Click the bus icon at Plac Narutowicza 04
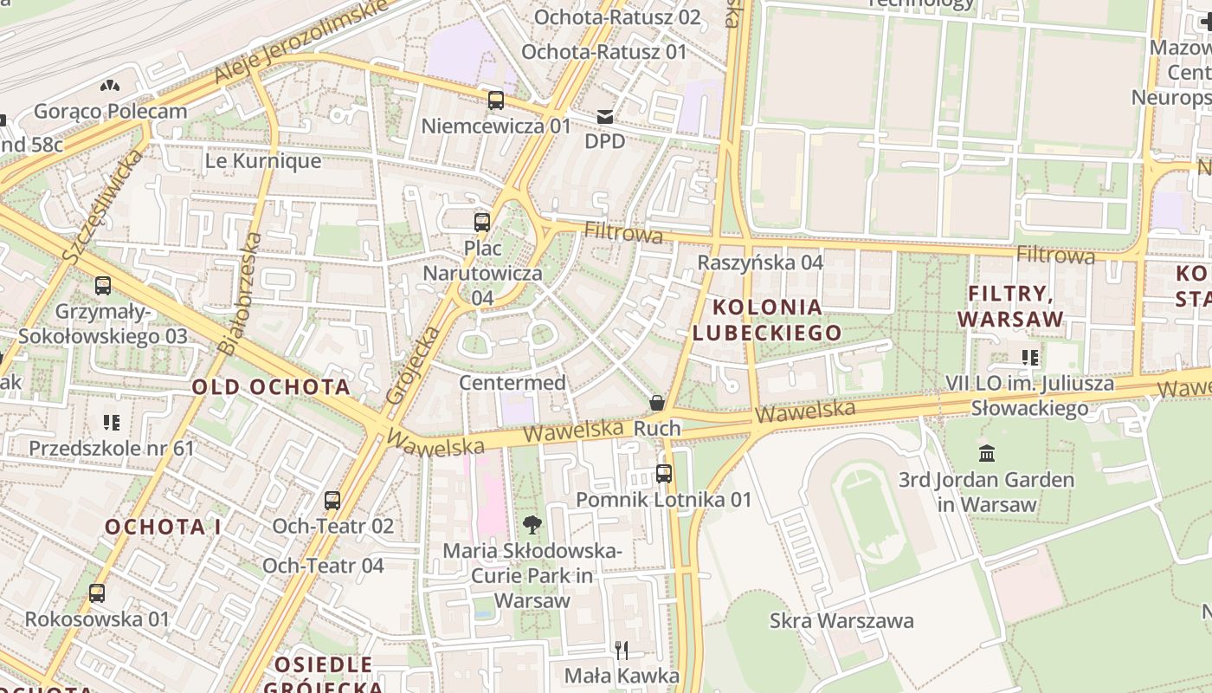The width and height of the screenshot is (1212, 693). tap(482, 223)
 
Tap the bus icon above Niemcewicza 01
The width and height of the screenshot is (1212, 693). tap(495, 100)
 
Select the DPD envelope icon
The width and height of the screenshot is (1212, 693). tap(604, 116)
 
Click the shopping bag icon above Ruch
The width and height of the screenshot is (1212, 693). tap(657, 403)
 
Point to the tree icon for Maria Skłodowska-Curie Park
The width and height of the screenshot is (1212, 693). tap(532, 523)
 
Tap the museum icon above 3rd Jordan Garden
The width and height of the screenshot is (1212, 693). tap(986, 453)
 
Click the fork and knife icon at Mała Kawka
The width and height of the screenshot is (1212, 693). tap(621, 650)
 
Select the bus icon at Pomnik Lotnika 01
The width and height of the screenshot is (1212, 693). tap(663, 474)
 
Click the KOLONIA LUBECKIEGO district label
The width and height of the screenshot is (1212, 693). tap(767, 320)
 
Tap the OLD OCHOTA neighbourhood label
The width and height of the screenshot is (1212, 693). tap(271, 387)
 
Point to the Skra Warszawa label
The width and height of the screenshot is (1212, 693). tap(841, 620)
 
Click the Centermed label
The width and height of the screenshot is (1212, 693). tap(513, 382)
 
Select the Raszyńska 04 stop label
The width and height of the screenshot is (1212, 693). tap(760, 262)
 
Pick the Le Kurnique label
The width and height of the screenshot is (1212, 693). tap(263, 161)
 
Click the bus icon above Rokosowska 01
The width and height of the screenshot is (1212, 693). tap(97, 593)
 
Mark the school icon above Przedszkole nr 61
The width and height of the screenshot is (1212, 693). tap(111, 423)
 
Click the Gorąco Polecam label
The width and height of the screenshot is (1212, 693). tap(110, 111)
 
